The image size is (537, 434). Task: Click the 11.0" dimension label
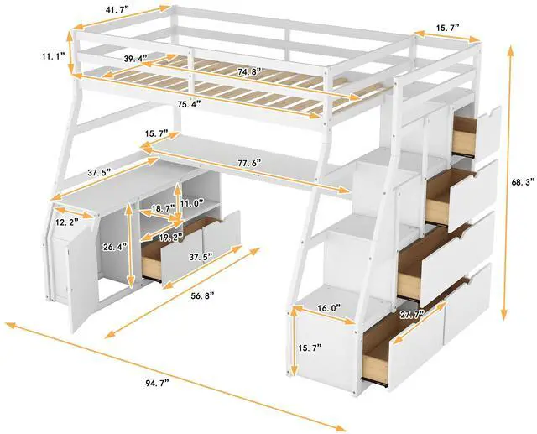pyautogui.click(x=192, y=203)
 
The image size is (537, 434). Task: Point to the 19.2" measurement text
pyautogui.click(x=171, y=238)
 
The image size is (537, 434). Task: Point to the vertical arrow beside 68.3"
pyautogui.click(x=508, y=180)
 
